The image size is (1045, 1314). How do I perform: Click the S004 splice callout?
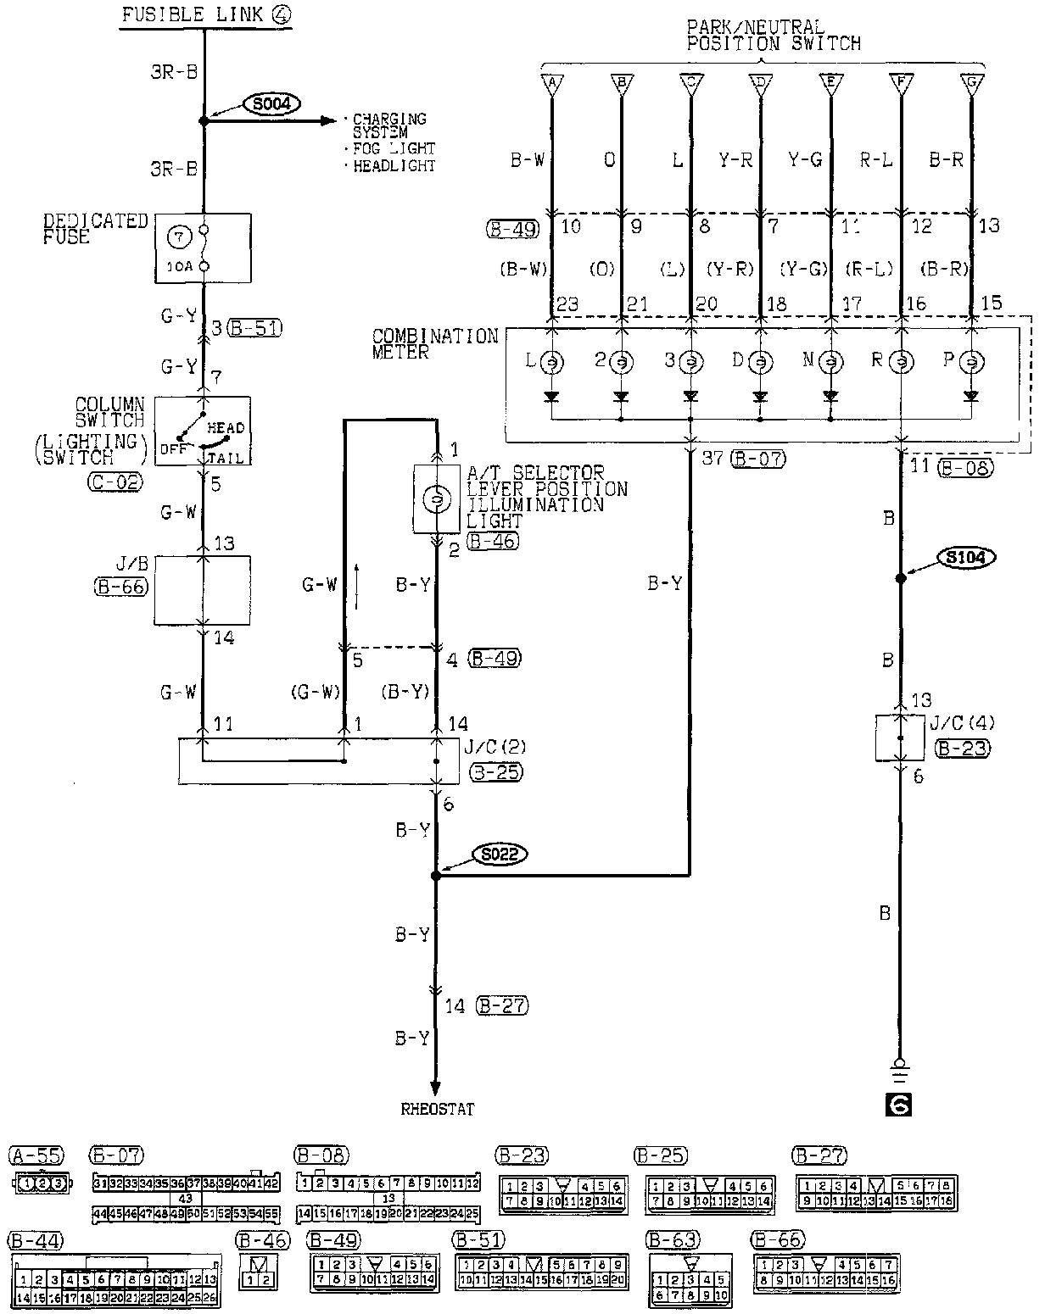(x=267, y=104)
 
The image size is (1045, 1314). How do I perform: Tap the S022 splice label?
(x=500, y=854)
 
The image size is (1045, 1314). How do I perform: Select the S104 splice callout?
(x=965, y=557)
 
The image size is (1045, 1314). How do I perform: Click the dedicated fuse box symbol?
(x=203, y=248)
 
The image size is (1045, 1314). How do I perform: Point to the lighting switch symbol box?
(x=203, y=430)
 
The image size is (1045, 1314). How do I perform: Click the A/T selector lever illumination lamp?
(x=436, y=499)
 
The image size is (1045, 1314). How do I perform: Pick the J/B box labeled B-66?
(x=202, y=590)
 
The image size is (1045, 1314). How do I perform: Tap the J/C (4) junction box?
(x=900, y=737)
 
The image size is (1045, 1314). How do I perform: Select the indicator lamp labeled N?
(x=830, y=362)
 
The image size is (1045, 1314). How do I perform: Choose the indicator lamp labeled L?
(x=551, y=362)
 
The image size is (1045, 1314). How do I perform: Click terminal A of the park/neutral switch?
(x=551, y=83)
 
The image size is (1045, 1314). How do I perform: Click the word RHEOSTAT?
(x=438, y=1108)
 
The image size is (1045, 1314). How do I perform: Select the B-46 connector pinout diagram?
(x=259, y=1272)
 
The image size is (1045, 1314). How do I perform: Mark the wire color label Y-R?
(x=735, y=159)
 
